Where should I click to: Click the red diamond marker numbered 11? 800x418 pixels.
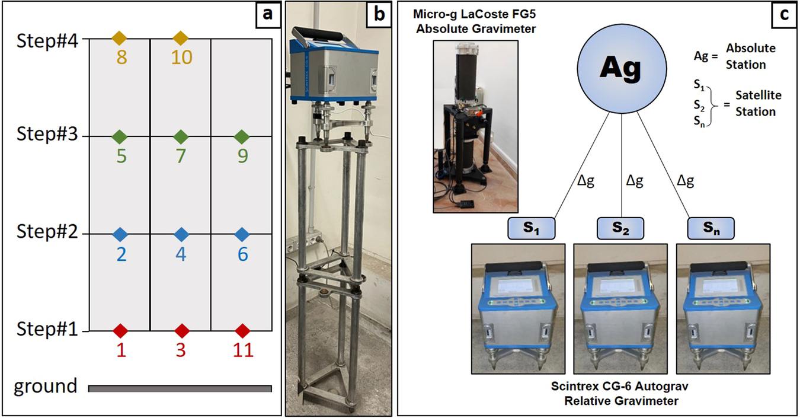[x=242, y=330]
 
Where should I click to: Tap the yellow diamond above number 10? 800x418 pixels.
[x=181, y=39]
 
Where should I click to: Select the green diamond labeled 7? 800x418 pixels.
[x=181, y=137]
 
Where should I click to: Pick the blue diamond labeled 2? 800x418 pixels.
[x=121, y=234]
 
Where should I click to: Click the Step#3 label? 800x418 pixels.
[x=46, y=136]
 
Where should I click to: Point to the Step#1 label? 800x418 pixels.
[x=46, y=329]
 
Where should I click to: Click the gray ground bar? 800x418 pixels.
[x=180, y=388]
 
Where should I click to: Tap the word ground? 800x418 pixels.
[x=46, y=387]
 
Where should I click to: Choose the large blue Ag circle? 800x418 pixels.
[x=620, y=69]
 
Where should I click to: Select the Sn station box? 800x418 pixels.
[x=711, y=228]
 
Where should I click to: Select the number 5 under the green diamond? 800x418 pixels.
[x=121, y=158]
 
